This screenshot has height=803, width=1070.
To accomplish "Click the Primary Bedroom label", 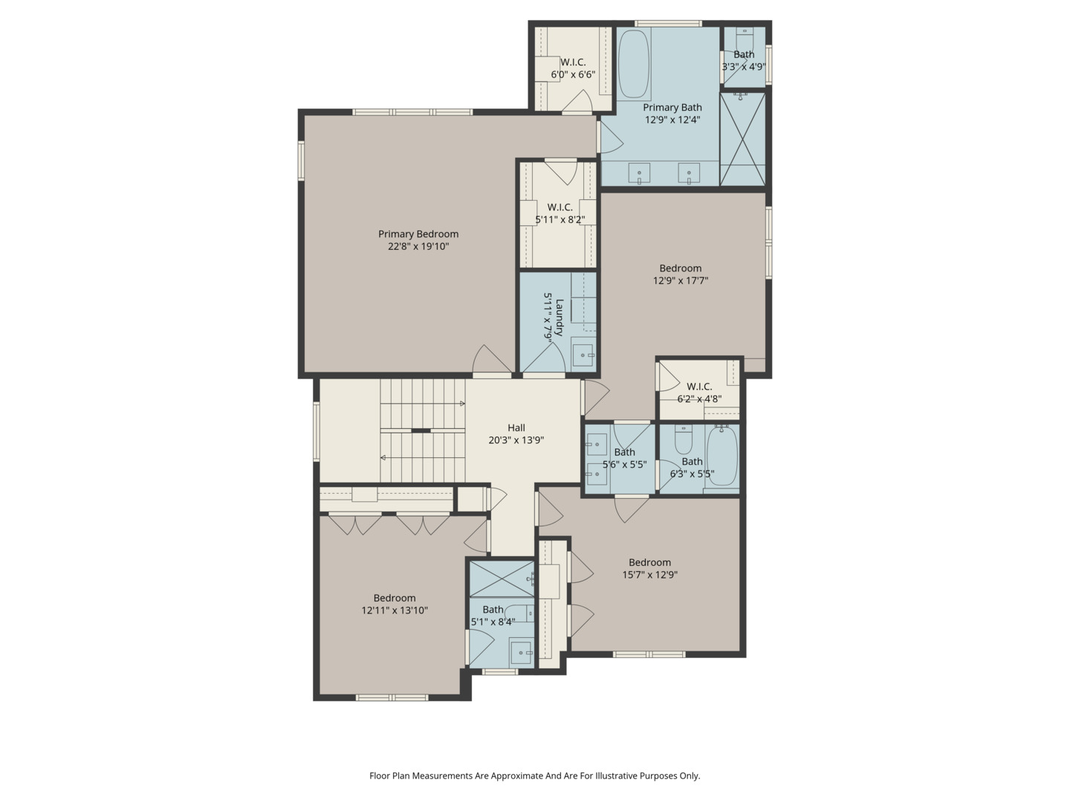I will point(418,234).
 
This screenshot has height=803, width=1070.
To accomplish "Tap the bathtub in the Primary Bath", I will point(634,64).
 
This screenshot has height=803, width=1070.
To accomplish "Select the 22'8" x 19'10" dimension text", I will point(418,246).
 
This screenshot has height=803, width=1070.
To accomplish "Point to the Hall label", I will point(516,428).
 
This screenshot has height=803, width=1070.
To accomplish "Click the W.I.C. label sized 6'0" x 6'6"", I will point(573,62).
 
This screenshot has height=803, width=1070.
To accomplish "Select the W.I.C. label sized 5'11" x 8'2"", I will point(560,207).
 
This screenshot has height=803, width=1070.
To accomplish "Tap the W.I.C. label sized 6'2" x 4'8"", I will point(699,387).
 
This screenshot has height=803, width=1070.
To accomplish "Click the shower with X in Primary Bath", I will point(742,138).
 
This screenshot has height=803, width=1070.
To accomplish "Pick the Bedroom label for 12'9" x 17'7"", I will point(680,268).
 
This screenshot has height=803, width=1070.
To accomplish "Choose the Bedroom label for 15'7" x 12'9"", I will point(649,563).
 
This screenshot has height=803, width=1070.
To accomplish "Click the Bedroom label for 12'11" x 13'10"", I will point(394,598).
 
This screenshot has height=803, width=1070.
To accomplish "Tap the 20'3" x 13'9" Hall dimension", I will point(516,440).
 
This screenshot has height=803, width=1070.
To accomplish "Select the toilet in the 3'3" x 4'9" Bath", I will point(743,36).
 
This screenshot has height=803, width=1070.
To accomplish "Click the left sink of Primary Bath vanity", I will point(639,174).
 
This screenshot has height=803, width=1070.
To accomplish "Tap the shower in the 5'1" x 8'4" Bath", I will point(502,578).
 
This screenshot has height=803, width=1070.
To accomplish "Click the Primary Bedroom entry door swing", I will point(492,361).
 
